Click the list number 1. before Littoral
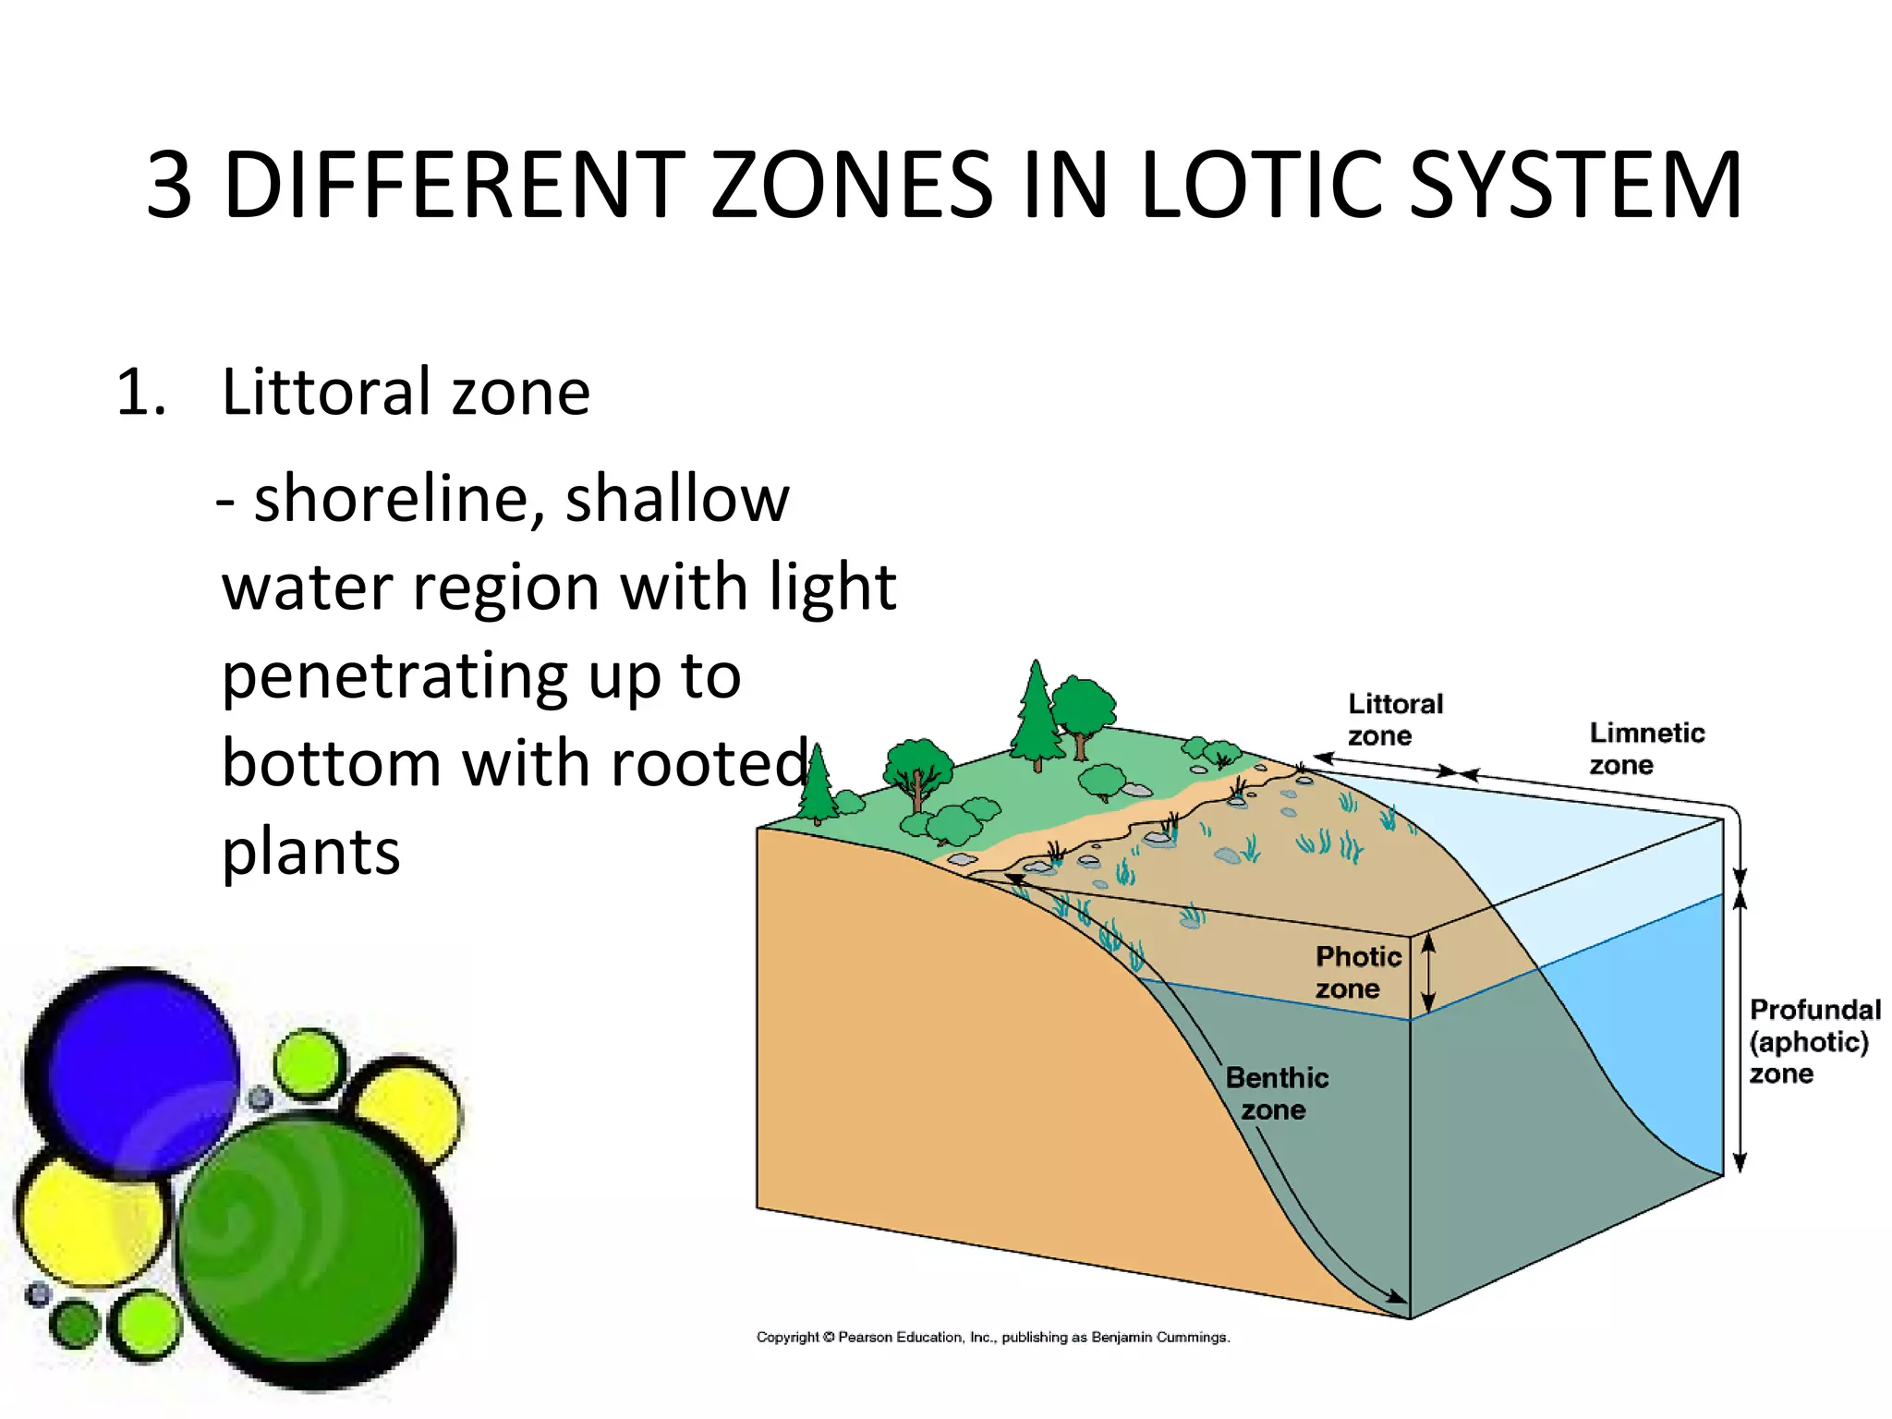pyautogui.click(x=141, y=393)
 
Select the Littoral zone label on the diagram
pyautogui.click(x=1393, y=720)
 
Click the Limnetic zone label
pyautogui.click(x=1645, y=748)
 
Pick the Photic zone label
pyautogui.click(x=1356, y=972)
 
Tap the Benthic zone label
pyautogui.click(x=1276, y=1093)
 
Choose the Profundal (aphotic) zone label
pyautogui.click(x=1813, y=1041)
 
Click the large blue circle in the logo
pyautogui.click(x=132, y=1072)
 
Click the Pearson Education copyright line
pyautogui.click(x=992, y=1337)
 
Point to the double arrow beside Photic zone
pyautogui.click(x=1427, y=972)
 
